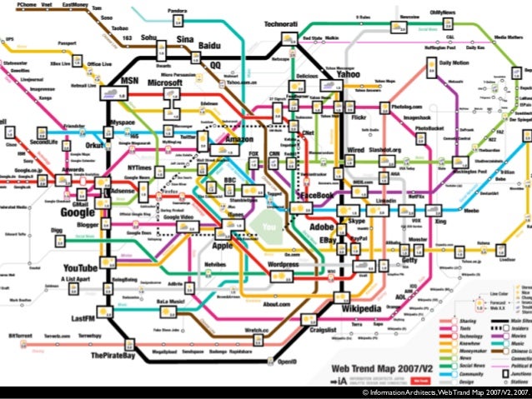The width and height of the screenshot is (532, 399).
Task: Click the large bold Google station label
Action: pyautogui.click(x=78, y=212)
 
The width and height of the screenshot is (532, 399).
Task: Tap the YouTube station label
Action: pyautogui.click(x=80, y=268)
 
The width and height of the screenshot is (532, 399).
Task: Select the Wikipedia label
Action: pyautogui.click(x=364, y=309)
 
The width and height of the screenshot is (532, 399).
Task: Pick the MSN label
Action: pyautogui.click(x=129, y=81)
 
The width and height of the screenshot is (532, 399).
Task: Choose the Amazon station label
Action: pyautogui.click(x=238, y=139)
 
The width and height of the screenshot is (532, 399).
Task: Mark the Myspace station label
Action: pyautogui.click(x=122, y=122)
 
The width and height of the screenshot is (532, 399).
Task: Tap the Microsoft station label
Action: pyautogui.click(x=165, y=84)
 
